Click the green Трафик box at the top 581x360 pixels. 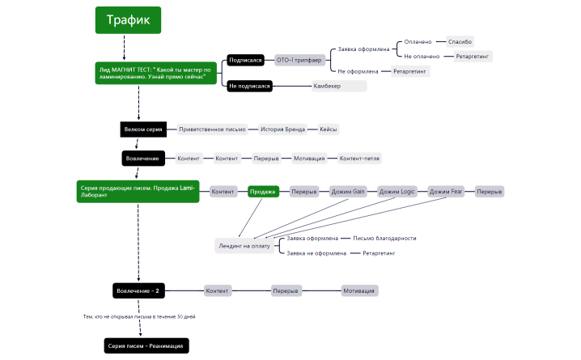(128, 20)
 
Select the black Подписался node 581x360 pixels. (244, 60)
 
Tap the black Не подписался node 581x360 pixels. (249, 86)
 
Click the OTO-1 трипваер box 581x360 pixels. (299, 60)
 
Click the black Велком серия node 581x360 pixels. (142, 129)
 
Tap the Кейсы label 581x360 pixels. (328, 129)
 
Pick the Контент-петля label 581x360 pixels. (359, 158)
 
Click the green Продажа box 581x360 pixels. (263, 192)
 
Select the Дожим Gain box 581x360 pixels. (349, 192)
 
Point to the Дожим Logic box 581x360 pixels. (397, 192)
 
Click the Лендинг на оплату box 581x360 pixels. (244, 245)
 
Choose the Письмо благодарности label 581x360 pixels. (384, 239)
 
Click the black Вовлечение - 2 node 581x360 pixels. (138, 290)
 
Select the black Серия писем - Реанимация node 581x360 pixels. (146, 346)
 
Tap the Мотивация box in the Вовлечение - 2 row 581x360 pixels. (360, 290)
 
